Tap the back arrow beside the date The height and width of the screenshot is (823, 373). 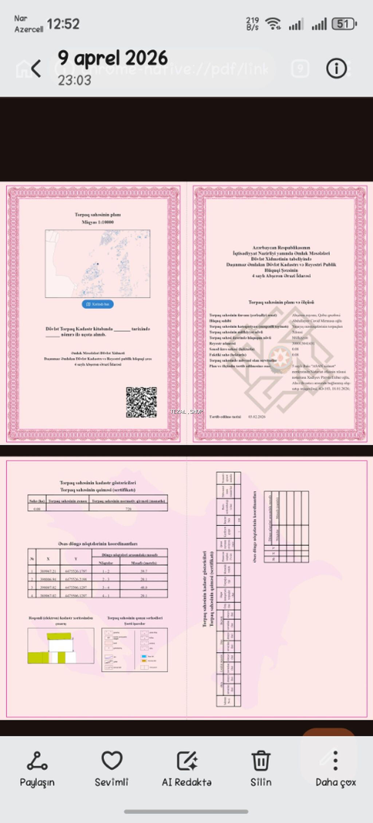point(36,68)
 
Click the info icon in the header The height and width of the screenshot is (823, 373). point(336,68)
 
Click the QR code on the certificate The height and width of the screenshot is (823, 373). point(141,402)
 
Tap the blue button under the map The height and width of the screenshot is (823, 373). point(98,304)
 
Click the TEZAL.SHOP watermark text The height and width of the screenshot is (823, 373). point(186,411)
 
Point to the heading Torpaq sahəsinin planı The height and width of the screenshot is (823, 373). point(98,215)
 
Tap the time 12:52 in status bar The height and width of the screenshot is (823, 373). point(63,24)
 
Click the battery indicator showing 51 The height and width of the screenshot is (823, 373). point(344,24)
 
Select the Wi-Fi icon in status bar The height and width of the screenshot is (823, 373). point(273,24)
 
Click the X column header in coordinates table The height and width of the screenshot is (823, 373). point(48,558)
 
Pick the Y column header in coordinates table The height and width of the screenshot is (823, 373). point(76,558)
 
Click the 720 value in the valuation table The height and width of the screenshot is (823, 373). point(128,509)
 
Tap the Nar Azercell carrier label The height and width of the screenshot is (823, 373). point(28,24)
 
